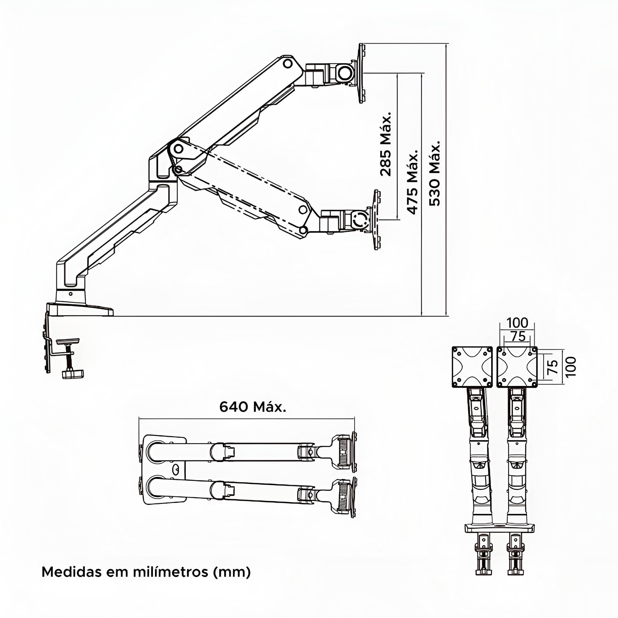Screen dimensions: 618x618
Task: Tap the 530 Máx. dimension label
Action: (435, 173)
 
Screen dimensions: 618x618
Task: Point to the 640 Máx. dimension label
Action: (252, 407)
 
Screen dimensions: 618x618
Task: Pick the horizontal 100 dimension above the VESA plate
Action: (517, 323)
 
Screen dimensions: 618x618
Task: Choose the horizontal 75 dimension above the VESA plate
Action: (518, 336)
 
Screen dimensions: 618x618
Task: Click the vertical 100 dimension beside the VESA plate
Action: (570, 366)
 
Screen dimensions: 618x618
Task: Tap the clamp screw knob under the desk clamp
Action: (73, 374)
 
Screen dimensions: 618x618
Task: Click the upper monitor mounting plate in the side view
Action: (362, 73)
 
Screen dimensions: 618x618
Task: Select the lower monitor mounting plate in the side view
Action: (376, 219)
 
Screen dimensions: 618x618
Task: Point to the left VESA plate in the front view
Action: (472, 367)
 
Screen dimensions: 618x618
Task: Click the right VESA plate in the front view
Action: (517, 367)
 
